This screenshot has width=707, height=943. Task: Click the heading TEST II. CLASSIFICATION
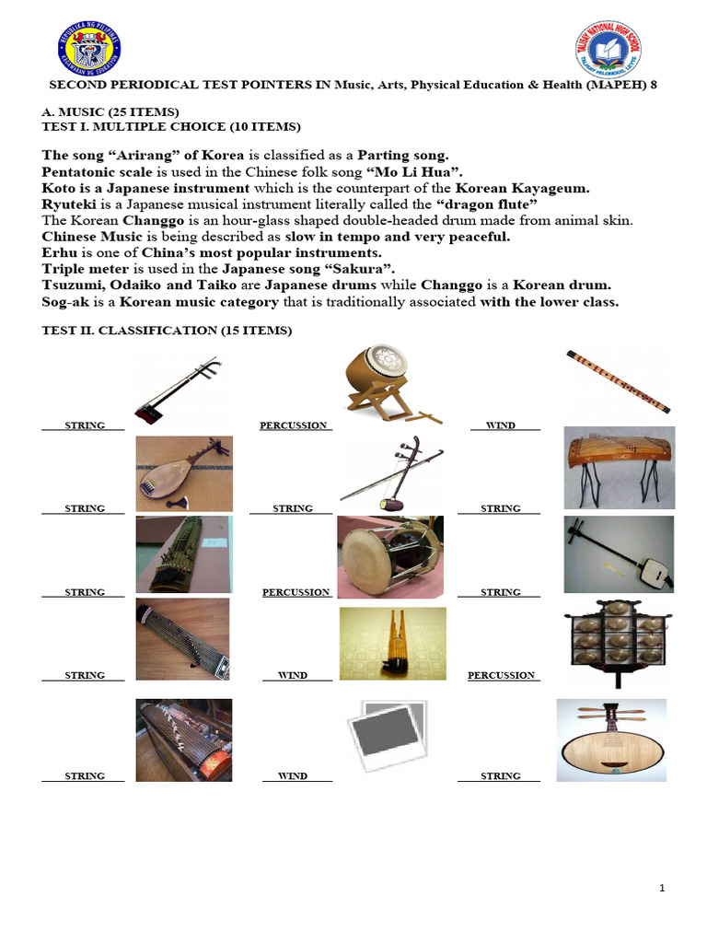pyautogui.click(x=167, y=331)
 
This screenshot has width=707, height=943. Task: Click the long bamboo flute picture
pyautogui.click(x=618, y=379)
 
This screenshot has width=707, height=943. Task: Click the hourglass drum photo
pyautogui.click(x=390, y=556)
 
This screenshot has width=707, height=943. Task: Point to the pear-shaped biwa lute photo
pyautogui.click(x=184, y=472)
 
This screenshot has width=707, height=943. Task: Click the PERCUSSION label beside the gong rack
pyautogui.click(x=501, y=675)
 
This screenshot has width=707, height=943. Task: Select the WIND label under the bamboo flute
pyautogui.click(x=500, y=425)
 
